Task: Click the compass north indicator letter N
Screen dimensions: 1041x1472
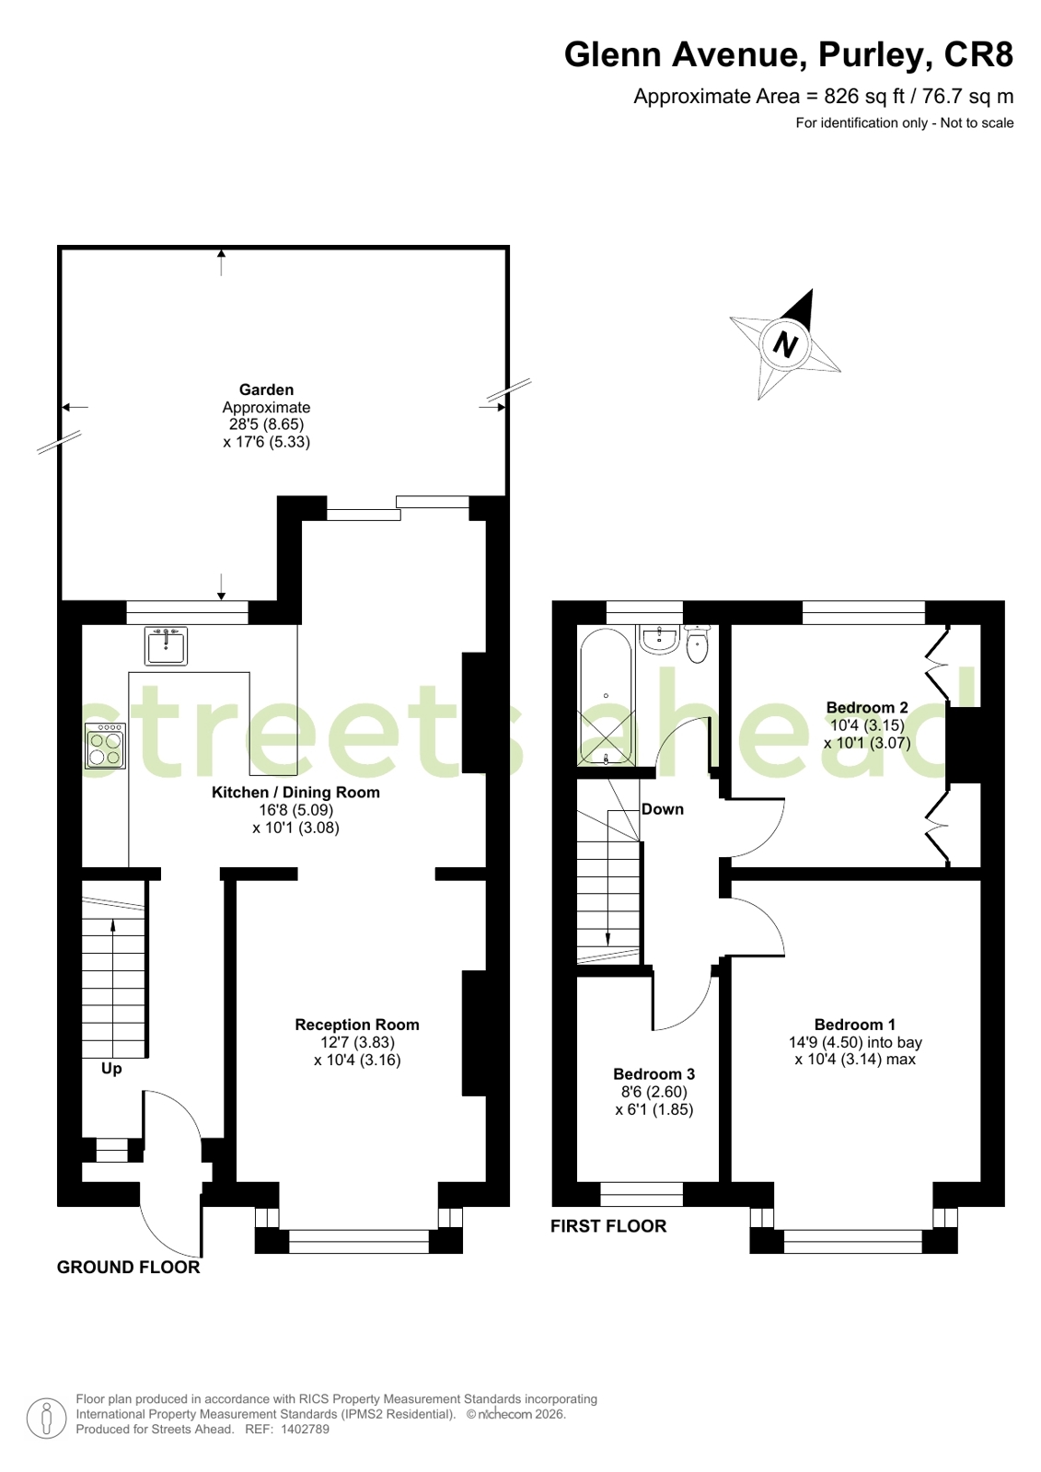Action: click(785, 344)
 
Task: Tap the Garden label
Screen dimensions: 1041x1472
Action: click(266, 389)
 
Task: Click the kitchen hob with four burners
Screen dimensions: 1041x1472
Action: click(105, 746)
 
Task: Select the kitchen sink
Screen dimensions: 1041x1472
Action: click(166, 646)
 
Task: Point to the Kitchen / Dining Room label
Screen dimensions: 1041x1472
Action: click(295, 793)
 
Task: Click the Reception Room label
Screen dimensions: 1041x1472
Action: click(357, 1025)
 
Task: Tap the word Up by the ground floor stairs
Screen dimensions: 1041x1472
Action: click(111, 1069)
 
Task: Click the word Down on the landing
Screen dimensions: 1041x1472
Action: click(663, 809)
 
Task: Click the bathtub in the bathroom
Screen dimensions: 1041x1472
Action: click(606, 697)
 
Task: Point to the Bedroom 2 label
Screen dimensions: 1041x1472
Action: click(867, 708)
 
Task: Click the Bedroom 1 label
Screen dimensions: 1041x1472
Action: click(855, 1025)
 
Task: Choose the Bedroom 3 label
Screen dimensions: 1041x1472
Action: click(654, 1073)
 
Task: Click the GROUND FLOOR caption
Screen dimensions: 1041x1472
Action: click(128, 1268)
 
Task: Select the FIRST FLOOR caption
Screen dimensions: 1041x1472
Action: click(608, 1226)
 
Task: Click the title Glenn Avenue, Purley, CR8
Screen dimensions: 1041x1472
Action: click(789, 54)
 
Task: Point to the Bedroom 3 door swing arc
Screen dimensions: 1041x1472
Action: click(691, 1013)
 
